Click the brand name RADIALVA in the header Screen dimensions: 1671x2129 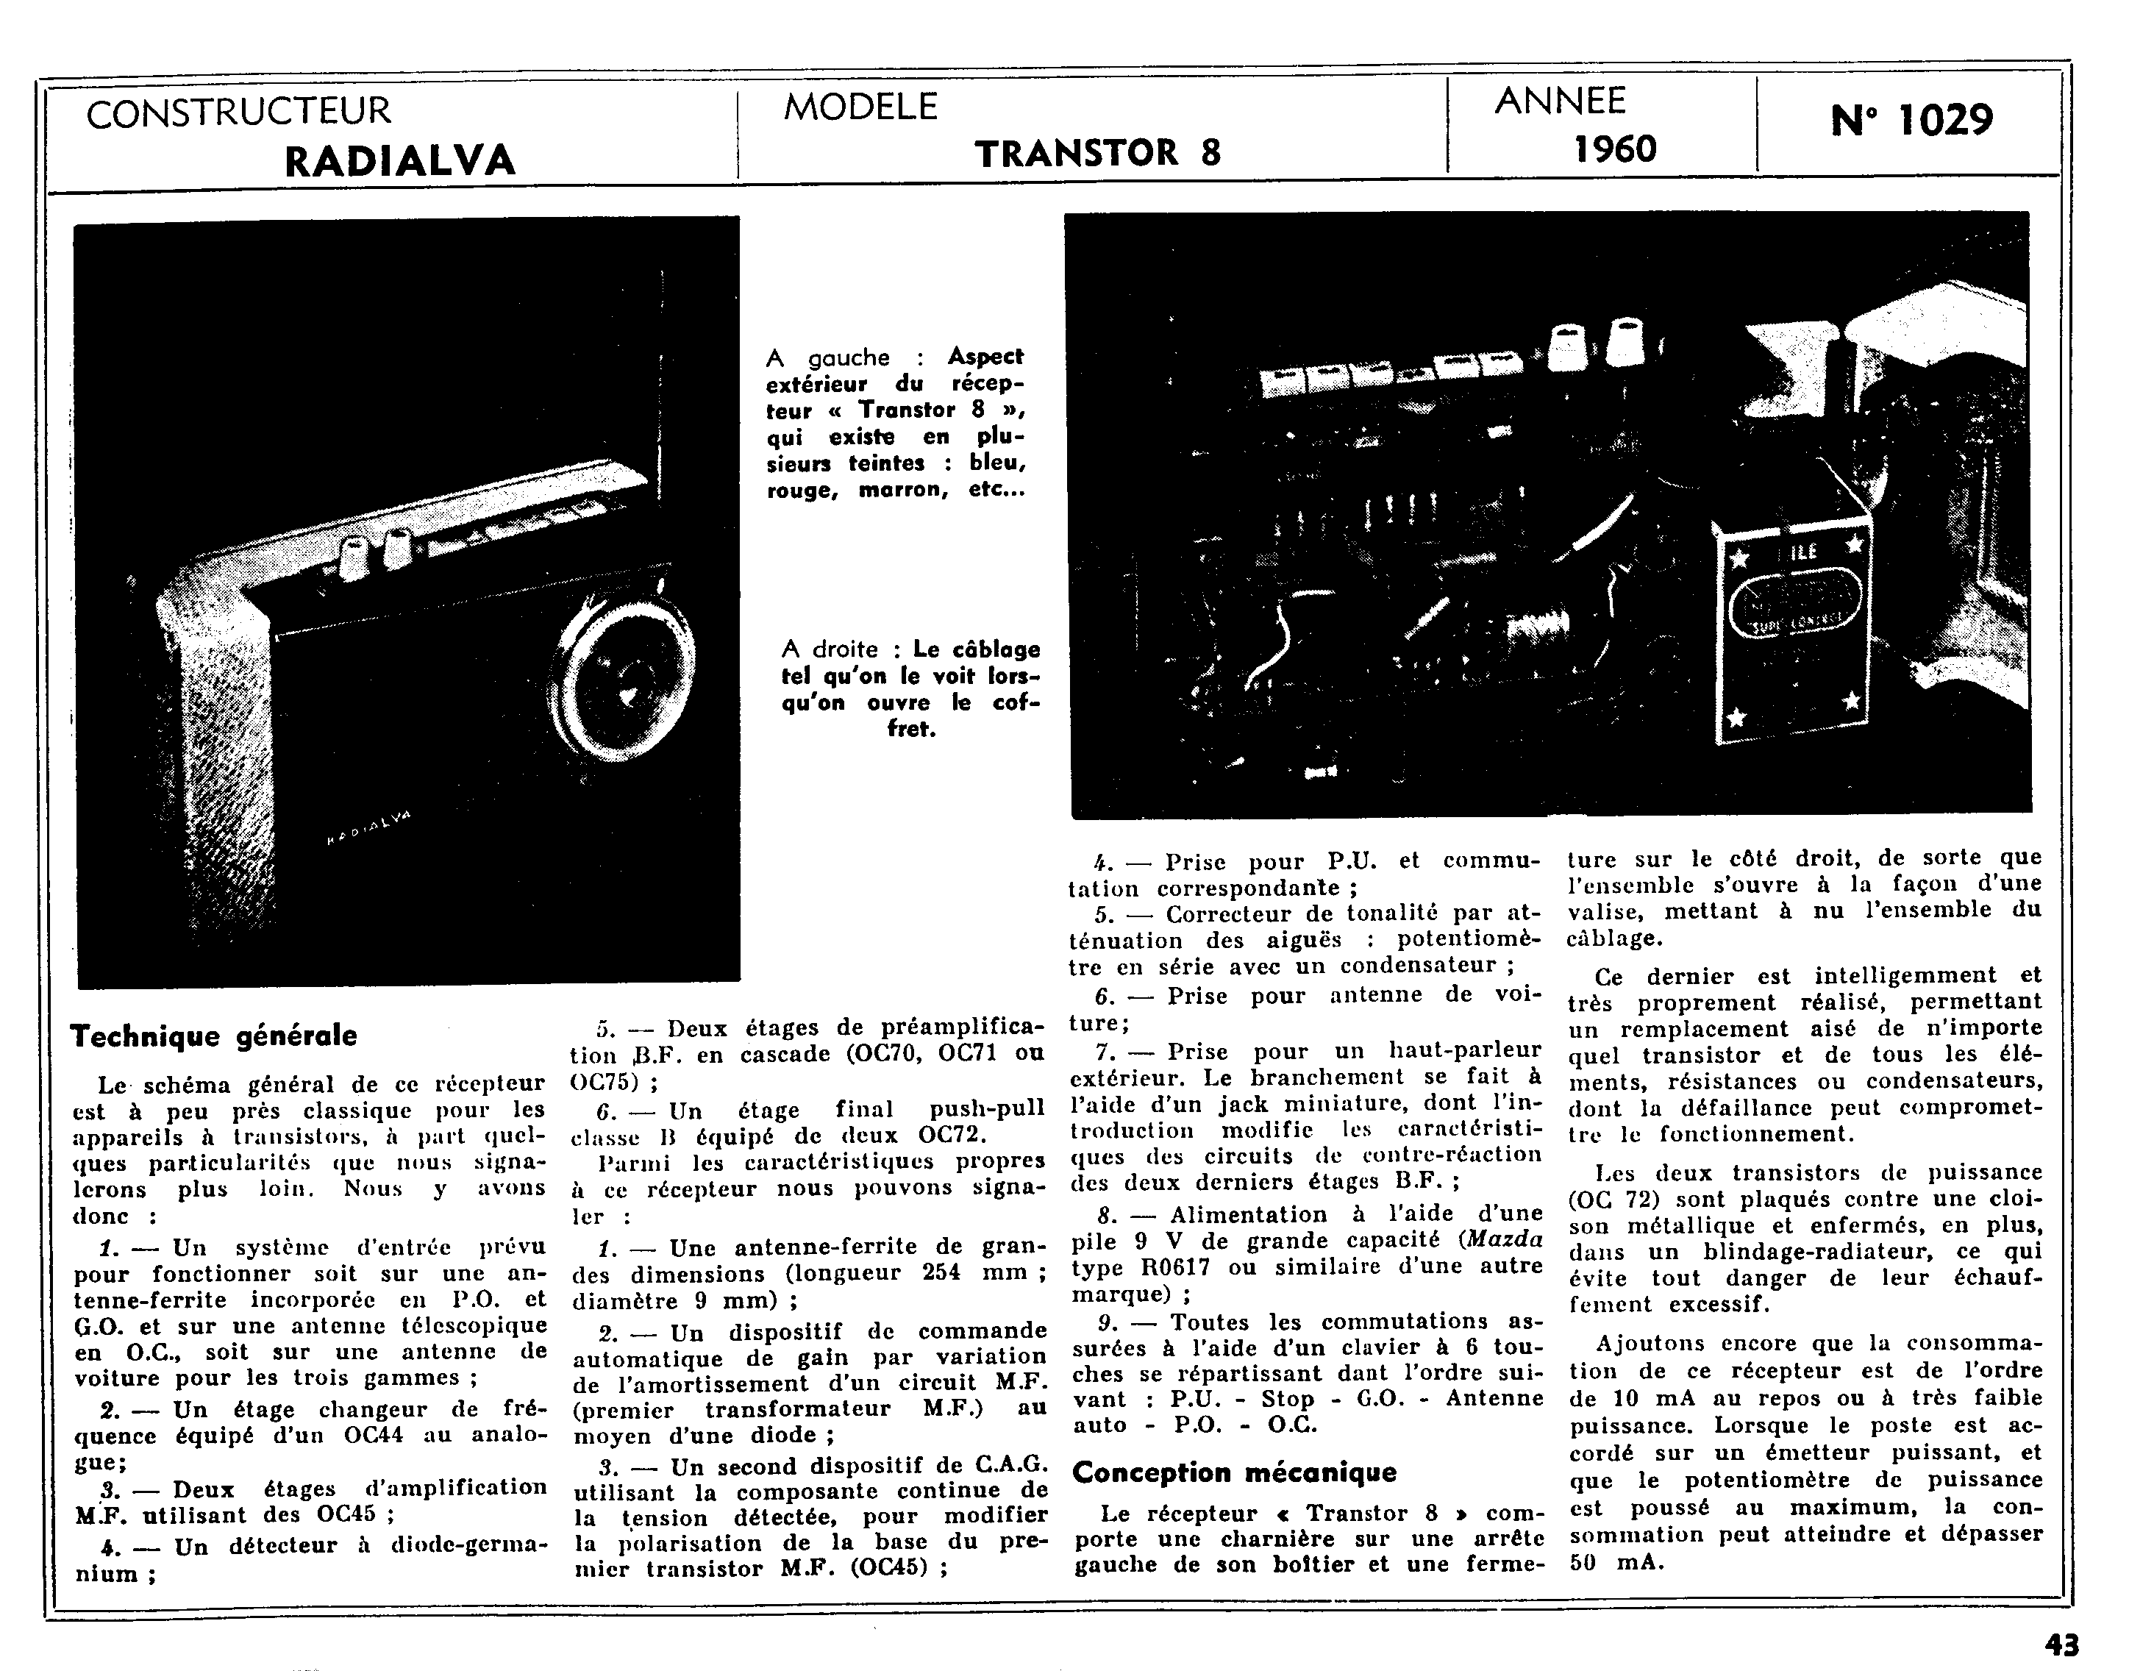click(x=399, y=160)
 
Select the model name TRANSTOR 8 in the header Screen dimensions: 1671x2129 click(x=1098, y=153)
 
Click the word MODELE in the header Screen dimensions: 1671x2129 click(x=860, y=107)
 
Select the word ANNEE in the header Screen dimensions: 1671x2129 click(x=1560, y=101)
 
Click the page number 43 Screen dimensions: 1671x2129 click(x=2061, y=1645)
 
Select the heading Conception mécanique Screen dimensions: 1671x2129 click(x=1234, y=1472)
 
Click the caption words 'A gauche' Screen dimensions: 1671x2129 click(x=828, y=358)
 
